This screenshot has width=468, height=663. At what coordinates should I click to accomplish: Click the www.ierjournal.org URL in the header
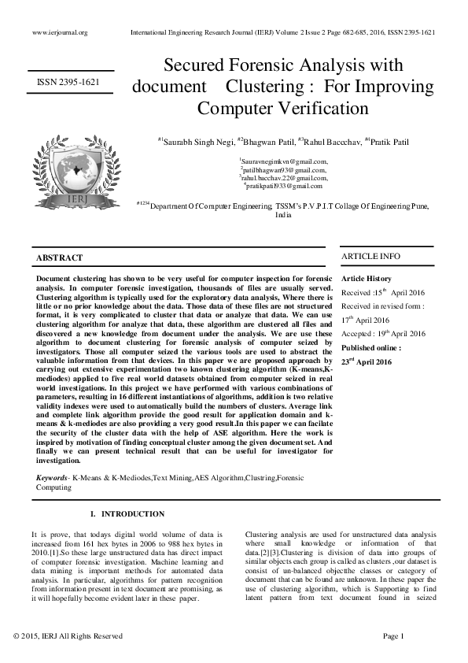pos(60,32)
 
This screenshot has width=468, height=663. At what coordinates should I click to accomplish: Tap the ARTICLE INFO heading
pos(370,257)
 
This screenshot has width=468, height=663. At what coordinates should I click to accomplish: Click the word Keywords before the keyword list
pos(52,479)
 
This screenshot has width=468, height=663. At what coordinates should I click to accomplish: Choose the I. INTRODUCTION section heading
pos(127,514)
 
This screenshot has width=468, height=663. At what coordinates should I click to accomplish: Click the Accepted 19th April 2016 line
pos(385,334)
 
